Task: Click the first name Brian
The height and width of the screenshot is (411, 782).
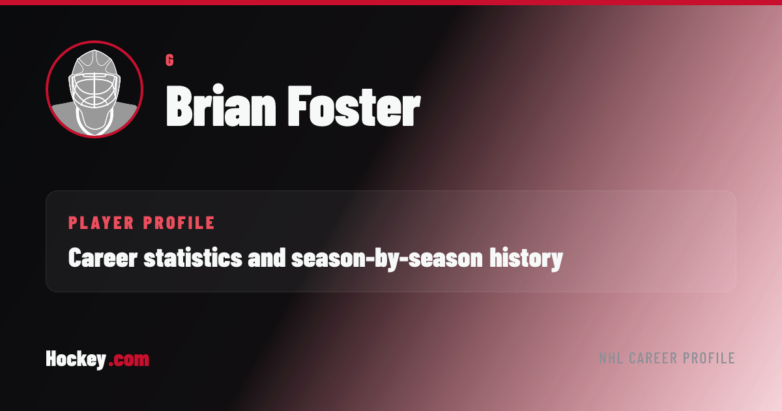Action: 221,105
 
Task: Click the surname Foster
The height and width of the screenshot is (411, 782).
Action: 355,106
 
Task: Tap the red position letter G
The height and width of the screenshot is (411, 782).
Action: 169,60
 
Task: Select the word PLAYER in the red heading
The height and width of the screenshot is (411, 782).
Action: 101,223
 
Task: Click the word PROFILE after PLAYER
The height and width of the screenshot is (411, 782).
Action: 179,223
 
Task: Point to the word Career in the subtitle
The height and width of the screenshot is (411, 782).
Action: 103,258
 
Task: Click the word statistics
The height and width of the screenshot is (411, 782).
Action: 193,258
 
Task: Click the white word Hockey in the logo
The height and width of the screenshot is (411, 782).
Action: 76,359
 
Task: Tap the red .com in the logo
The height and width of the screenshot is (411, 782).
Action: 129,360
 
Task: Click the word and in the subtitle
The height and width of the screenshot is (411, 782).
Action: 267,258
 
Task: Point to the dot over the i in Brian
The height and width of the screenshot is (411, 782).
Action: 218,89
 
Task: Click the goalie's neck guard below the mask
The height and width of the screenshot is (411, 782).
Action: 94,121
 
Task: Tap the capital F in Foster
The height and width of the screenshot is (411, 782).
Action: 300,106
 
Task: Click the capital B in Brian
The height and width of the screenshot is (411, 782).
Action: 179,106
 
